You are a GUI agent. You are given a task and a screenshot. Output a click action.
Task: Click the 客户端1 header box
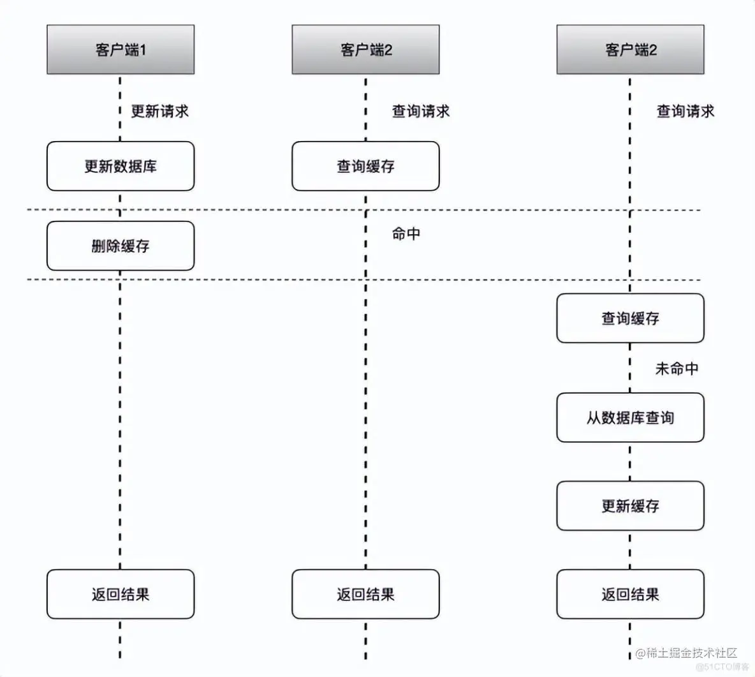point(120,50)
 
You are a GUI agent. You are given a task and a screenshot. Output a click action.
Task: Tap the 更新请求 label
point(159,111)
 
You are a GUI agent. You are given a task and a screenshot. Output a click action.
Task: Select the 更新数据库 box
point(120,167)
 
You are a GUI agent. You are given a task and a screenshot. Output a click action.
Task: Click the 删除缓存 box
point(120,246)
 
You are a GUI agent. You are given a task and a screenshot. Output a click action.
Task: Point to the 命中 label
point(406,234)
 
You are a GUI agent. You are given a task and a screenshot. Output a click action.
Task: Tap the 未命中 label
point(677,368)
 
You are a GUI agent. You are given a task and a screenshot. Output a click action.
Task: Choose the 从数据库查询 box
point(630,418)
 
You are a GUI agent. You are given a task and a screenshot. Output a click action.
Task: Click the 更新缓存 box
point(630,506)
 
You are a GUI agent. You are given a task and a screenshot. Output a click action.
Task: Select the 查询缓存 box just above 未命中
point(630,318)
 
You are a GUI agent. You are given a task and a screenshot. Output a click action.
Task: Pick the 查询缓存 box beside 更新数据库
point(365,167)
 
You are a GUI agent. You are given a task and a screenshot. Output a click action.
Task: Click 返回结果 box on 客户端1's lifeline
point(120,595)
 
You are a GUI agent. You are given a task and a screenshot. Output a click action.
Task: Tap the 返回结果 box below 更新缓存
point(630,595)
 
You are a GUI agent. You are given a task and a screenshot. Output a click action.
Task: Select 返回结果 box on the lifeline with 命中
point(365,595)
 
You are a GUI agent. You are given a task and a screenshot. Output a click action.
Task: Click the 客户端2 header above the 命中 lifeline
point(365,50)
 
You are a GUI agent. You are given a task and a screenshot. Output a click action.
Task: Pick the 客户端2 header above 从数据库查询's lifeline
point(630,50)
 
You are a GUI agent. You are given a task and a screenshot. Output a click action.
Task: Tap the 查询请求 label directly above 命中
point(421,111)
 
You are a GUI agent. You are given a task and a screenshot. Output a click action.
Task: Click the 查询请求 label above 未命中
point(685,111)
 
